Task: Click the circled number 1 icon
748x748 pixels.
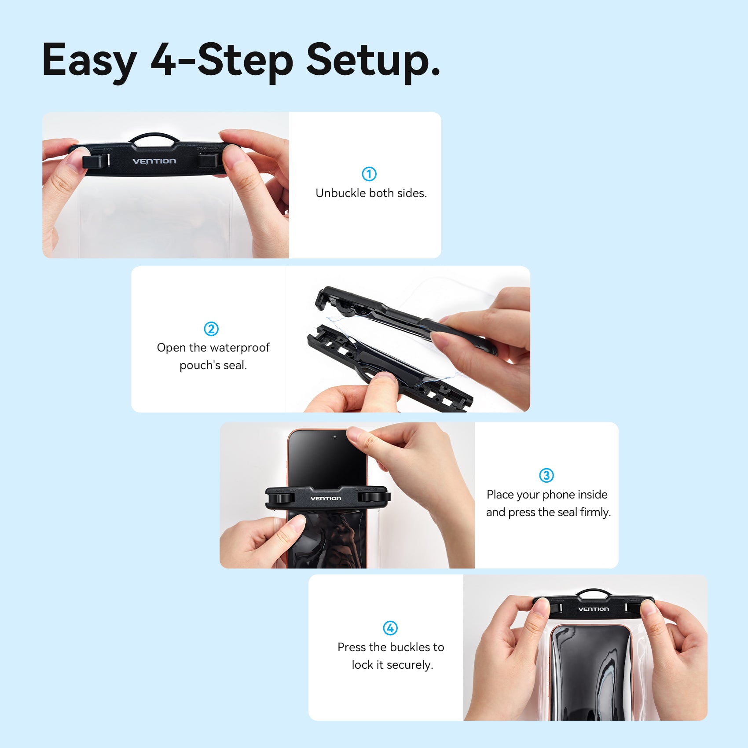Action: [x=369, y=174]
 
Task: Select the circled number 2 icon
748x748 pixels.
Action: [x=211, y=329]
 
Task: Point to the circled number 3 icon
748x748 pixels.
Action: [x=546, y=475]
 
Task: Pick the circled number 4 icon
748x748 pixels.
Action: [x=390, y=628]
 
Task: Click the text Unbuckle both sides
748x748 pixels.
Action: [x=371, y=193]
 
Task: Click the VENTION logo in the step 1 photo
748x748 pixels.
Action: [x=154, y=161]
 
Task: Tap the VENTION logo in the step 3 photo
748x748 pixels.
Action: [x=326, y=499]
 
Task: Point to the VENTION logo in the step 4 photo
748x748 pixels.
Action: [x=593, y=609]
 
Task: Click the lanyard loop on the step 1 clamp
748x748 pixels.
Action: [x=154, y=137]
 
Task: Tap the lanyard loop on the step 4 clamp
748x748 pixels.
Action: [x=594, y=593]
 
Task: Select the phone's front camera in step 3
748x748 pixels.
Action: [x=335, y=437]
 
